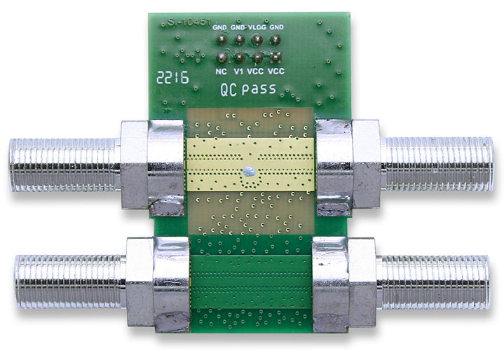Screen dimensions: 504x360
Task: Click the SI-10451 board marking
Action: [189, 22]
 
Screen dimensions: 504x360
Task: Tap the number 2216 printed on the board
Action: [172, 78]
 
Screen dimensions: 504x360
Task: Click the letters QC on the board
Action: [229, 90]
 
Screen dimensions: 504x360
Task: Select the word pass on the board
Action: [259, 89]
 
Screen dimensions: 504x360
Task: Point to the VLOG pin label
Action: [257, 27]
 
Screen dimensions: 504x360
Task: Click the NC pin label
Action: [221, 71]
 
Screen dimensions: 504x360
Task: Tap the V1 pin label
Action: [238, 71]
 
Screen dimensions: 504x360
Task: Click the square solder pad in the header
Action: [275, 57]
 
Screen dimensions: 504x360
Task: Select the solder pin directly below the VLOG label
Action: [257, 40]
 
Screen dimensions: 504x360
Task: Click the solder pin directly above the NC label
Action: [221, 58]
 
